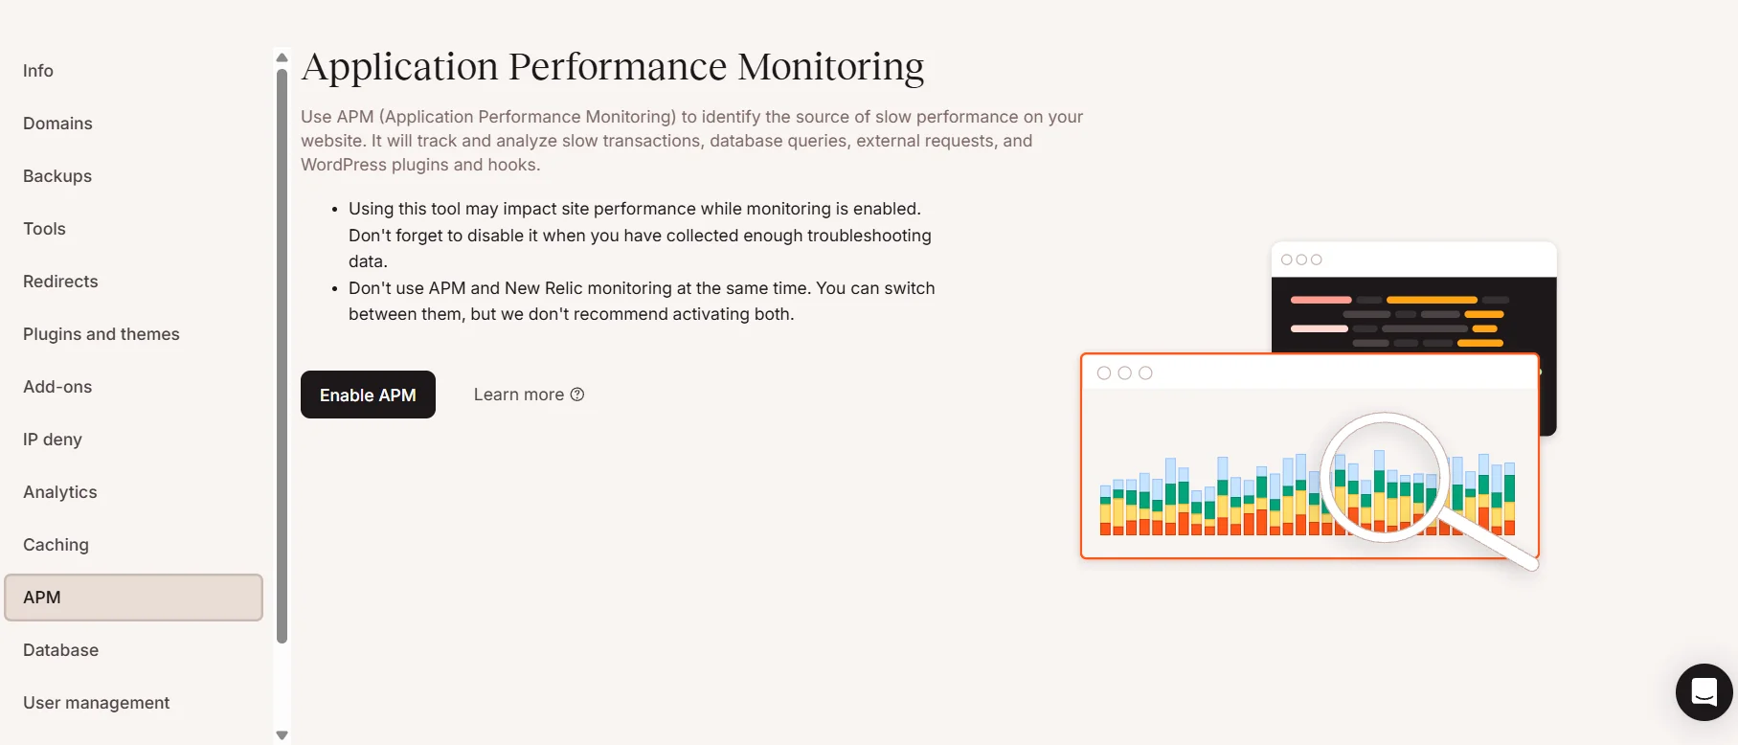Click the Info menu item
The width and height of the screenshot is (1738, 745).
coord(38,71)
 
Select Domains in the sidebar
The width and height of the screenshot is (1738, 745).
coord(57,124)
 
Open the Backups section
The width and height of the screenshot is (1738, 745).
coord(57,176)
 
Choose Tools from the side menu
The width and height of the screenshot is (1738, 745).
coord(44,229)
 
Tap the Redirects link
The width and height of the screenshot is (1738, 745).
coord(60,282)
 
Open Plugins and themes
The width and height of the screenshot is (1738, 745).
coord(102,334)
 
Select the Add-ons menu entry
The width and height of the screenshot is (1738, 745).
coord(57,387)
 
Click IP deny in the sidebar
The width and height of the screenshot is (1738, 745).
coord(53,440)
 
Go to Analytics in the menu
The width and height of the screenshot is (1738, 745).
coord(60,492)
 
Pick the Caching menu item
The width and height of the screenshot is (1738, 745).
coord(56,545)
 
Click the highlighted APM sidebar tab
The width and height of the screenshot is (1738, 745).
coord(133,598)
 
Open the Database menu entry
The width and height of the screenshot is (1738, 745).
coord(60,650)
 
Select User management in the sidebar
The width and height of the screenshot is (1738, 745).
coord(96,703)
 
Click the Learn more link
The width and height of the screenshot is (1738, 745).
coord(518,395)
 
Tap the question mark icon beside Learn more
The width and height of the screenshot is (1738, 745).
coord(577,395)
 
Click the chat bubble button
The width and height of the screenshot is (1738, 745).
coord(1704,691)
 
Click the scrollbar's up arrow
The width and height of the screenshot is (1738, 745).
coord(282,58)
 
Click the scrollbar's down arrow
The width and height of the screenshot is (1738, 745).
coord(282,735)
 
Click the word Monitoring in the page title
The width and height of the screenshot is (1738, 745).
coord(830,67)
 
